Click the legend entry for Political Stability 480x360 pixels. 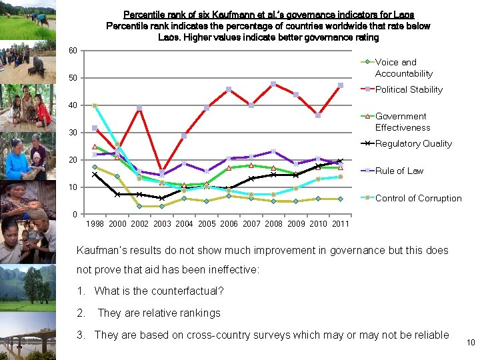click(x=409, y=89)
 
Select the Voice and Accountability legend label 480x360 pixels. click(x=403, y=67)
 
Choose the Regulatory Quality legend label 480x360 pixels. click(x=413, y=143)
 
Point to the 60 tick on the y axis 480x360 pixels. click(x=73, y=51)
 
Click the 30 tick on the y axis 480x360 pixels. click(x=73, y=133)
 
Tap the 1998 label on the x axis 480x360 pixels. click(x=95, y=224)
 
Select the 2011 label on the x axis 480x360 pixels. click(x=340, y=224)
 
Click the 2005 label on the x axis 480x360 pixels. click(x=207, y=224)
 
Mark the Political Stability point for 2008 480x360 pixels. click(x=273, y=84)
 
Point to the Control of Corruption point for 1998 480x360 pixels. click(x=95, y=106)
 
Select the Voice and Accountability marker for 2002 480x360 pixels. click(x=139, y=206)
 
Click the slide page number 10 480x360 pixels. click(x=470, y=343)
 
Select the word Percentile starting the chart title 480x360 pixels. click(x=143, y=15)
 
